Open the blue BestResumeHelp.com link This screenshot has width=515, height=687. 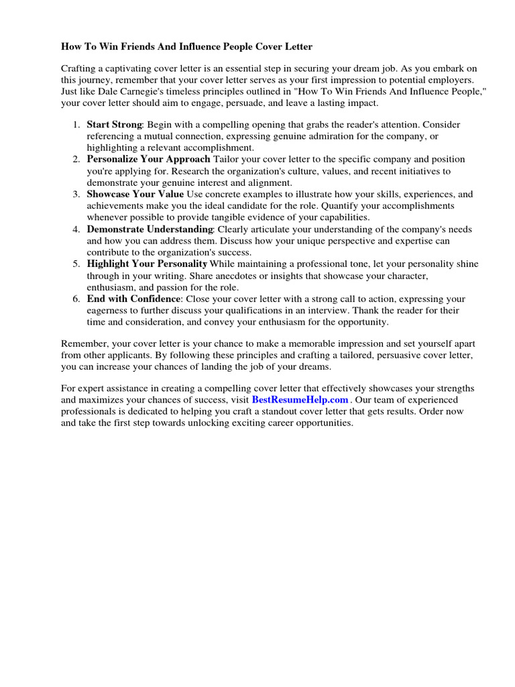300,399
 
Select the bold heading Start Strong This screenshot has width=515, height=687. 114,125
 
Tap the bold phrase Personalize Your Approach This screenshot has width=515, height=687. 148,160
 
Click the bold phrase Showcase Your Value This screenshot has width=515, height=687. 135,195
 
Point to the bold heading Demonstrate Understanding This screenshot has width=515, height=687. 150,229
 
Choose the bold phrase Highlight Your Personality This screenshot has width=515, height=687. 147,264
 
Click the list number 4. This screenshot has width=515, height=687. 76,229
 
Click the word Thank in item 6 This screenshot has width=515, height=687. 373,311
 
